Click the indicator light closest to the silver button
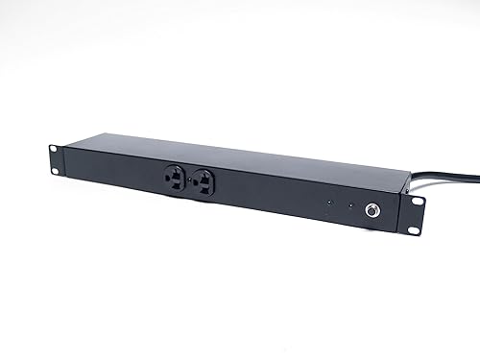[350, 204]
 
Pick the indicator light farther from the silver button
[328, 203]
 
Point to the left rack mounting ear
[54, 160]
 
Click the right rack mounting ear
[415, 212]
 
